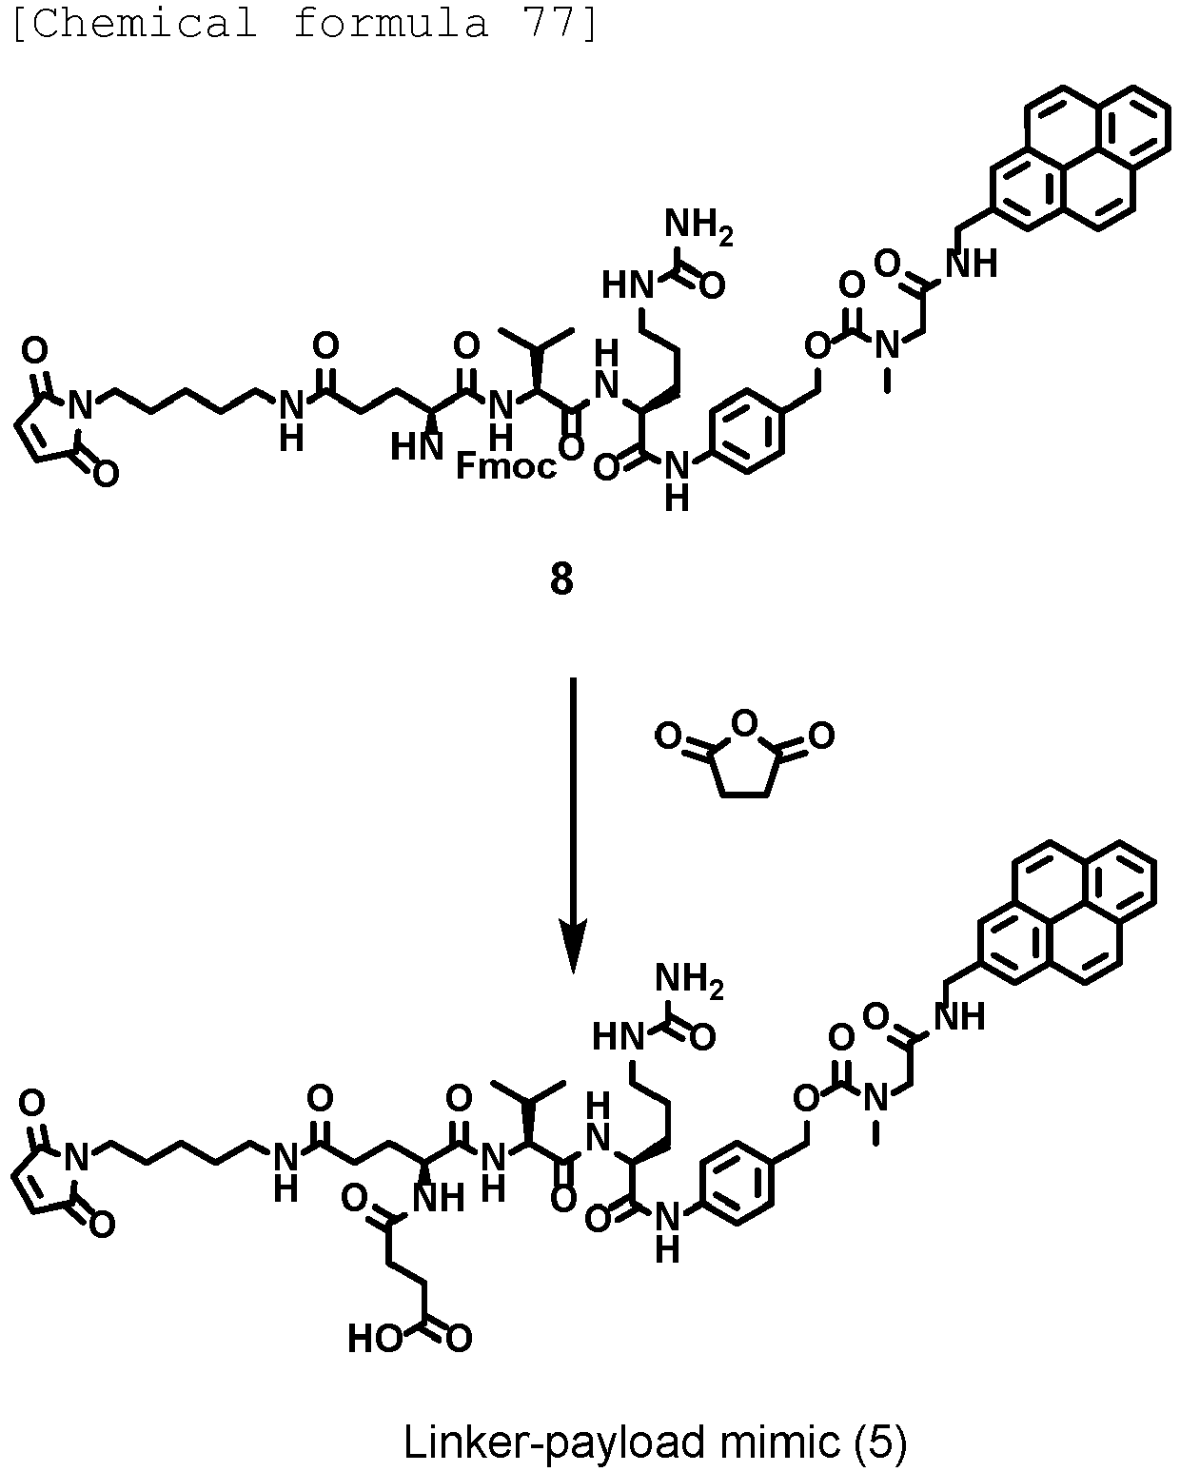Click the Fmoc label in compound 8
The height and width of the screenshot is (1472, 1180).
click(506, 466)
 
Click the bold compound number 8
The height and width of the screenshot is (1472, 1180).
click(561, 580)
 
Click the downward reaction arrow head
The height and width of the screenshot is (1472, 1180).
click(573, 945)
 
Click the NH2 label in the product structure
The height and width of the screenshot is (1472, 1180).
click(689, 980)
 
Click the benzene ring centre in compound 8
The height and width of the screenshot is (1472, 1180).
click(746, 430)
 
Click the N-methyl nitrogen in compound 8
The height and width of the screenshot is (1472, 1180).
click(888, 344)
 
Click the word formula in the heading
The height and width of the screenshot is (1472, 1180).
click(390, 23)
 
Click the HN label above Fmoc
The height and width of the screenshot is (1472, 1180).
click(417, 448)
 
